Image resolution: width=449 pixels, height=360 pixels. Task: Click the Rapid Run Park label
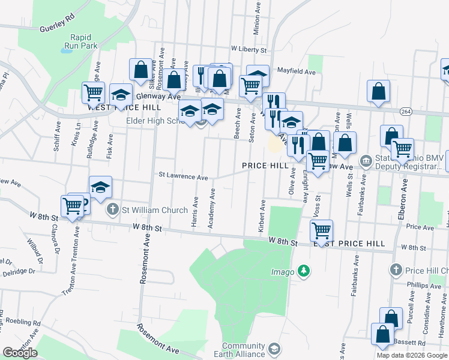[x=80, y=40]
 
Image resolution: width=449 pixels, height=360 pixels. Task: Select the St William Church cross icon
[x=112, y=210]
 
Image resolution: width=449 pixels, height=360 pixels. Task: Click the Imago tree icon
[x=305, y=272]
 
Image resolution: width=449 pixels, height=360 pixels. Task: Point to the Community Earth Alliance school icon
[x=274, y=349]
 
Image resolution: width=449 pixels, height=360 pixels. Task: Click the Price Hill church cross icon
[x=396, y=270]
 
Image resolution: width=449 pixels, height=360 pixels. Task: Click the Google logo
[x=20, y=353]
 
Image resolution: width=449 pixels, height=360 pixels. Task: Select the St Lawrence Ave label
[x=183, y=177]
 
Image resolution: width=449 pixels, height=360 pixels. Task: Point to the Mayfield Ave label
[x=295, y=71]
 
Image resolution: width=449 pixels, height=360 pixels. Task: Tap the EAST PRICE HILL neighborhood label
[x=348, y=244]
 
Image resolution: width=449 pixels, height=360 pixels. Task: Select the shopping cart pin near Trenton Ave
[x=73, y=206]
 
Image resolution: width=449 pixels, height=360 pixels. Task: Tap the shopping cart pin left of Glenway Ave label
[x=93, y=92]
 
